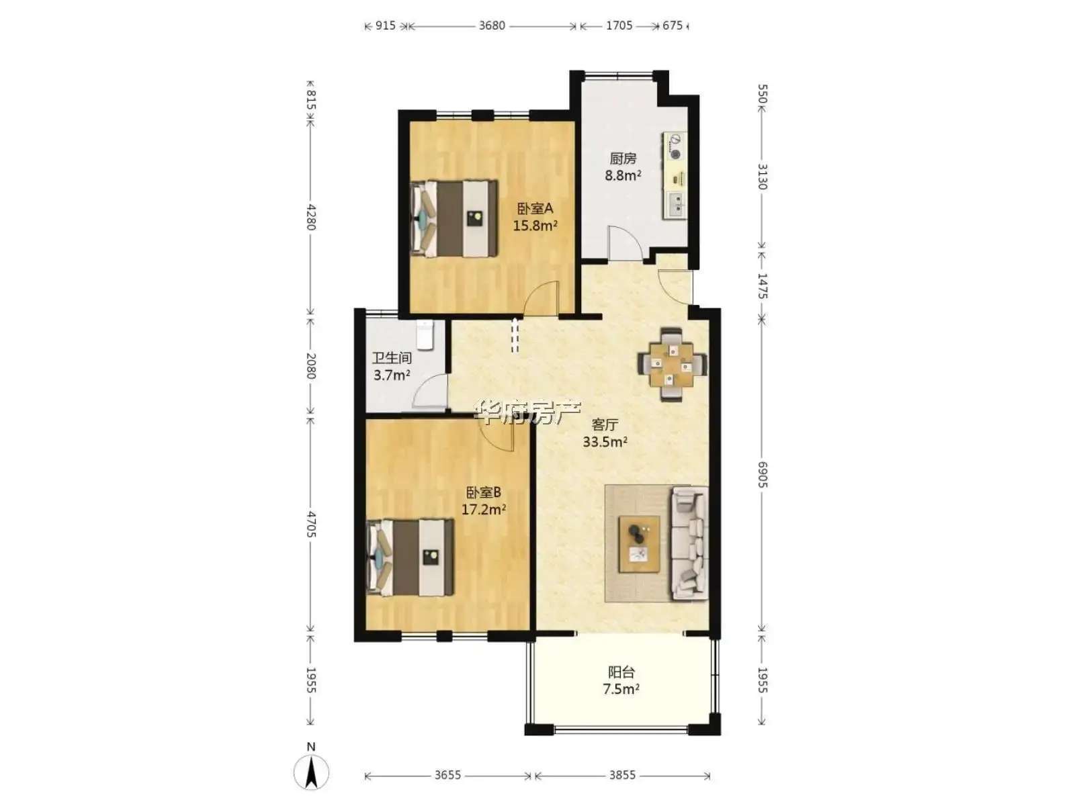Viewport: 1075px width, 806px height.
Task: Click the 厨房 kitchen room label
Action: coord(622,159)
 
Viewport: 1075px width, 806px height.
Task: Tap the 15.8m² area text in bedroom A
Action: coord(535,226)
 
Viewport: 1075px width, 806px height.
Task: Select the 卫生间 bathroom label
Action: coord(392,358)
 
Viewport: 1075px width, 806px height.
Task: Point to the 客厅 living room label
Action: coord(605,424)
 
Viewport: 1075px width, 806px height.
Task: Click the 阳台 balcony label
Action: coord(621,672)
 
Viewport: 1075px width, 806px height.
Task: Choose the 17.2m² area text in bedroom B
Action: coord(483,509)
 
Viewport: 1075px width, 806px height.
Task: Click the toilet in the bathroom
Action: coord(425,335)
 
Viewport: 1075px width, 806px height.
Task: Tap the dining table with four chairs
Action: coord(671,365)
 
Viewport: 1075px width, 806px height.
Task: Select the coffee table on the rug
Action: coord(639,543)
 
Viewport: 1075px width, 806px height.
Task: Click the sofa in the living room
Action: coord(689,543)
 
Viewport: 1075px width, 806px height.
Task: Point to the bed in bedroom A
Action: coord(454,218)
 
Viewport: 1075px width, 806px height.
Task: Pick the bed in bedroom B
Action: coord(411,557)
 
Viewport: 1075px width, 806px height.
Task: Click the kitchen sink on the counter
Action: coord(676,205)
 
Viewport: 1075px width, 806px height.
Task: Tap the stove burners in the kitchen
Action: coord(676,147)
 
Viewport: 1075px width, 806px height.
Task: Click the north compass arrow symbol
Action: coord(311,772)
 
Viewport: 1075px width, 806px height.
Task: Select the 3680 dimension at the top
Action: coord(492,26)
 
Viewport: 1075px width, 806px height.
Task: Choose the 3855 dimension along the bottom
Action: coord(622,774)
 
